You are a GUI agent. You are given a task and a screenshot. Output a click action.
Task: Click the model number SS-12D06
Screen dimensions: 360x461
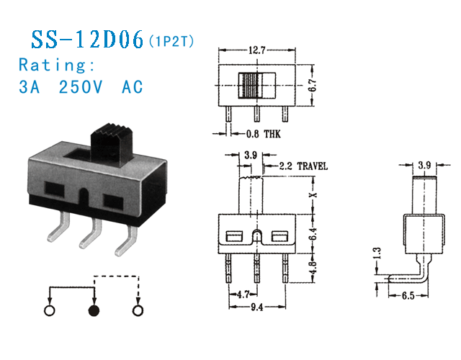tap(86, 40)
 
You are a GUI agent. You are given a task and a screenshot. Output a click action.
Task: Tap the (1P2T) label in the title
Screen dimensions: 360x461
tap(171, 43)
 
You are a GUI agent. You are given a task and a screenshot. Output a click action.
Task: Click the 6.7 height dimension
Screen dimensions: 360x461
tap(312, 85)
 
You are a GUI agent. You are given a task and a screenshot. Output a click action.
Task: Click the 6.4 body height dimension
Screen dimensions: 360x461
tap(312, 234)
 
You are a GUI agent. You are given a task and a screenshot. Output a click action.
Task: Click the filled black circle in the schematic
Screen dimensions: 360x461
tap(94, 311)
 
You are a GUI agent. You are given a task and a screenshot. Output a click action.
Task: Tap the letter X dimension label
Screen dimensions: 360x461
tap(312, 195)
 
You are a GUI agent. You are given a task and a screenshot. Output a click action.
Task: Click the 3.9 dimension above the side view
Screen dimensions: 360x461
tap(424, 165)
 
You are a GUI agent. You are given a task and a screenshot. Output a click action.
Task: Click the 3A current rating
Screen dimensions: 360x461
tap(30, 87)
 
